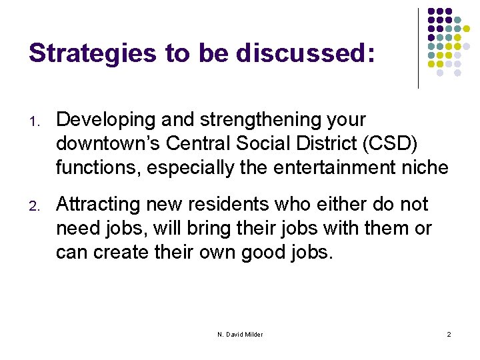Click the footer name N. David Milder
(x=240, y=334)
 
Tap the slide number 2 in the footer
(x=449, y=334)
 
